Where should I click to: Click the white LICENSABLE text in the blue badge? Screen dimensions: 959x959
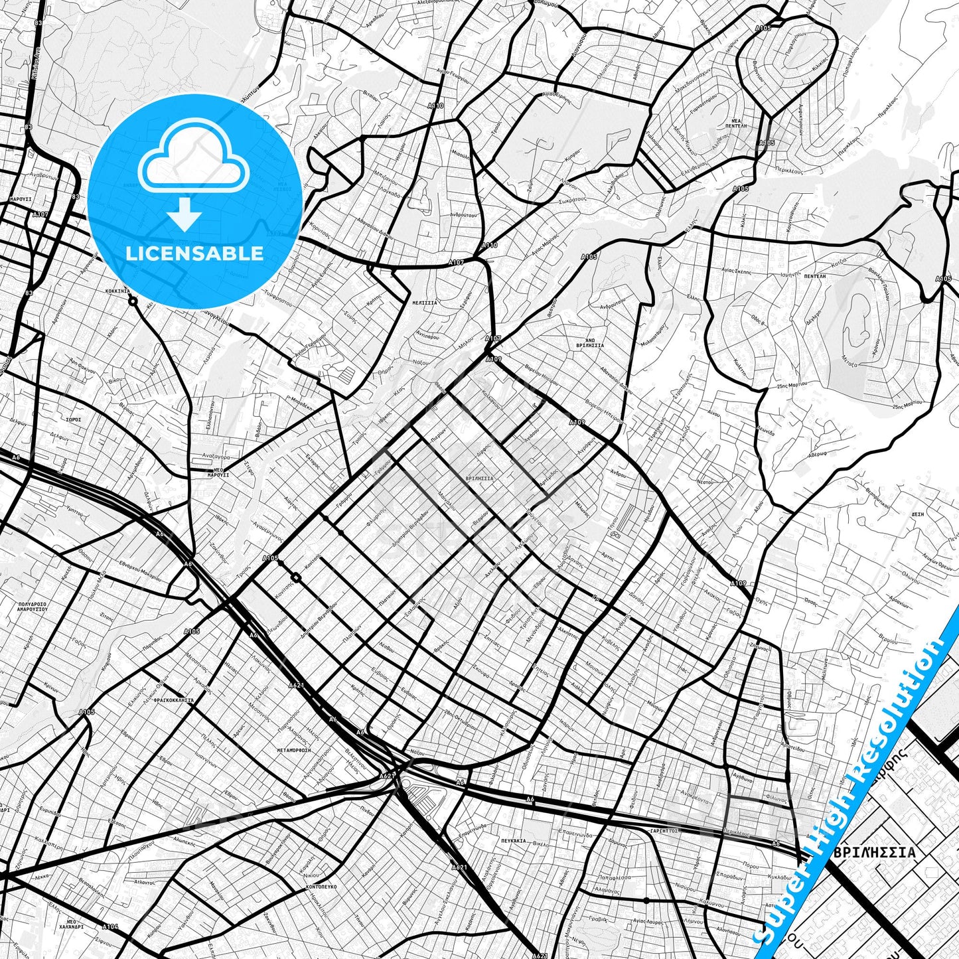pyautogui.click(x=194, y=254)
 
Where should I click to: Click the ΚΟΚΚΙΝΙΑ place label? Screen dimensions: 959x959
pyautogui.click(x=117, y=291)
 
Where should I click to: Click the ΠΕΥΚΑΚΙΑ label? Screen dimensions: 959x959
pyautogui.click(x=514, y=840)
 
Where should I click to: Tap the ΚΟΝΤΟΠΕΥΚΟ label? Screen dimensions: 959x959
pyautogui.click(x=321, y=886)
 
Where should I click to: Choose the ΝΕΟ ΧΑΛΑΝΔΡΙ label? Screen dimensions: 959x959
pyautogui.click(x=74, y=926)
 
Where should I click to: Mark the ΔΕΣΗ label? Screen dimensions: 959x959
pyautogui.click(x=918, y=514)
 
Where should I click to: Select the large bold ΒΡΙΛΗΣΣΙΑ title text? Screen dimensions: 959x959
pyautogui.click(x=875, y=852)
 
